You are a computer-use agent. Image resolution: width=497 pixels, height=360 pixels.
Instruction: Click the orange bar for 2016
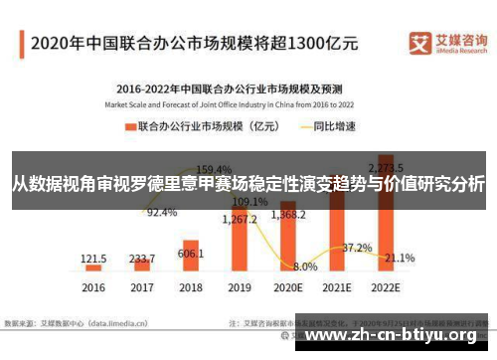click(x=93, y=268)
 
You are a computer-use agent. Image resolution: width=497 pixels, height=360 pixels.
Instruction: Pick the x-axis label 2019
click(x=240, y=287)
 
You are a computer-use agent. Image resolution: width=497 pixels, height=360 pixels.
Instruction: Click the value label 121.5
click(x=94, y=258)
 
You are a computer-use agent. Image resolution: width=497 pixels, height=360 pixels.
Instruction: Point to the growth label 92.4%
click(x=162, y=213)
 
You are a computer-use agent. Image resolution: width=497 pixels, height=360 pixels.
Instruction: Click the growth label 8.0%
click(x=305, y=267)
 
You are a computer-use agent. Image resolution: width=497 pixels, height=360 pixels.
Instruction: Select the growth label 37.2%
click(x=357, y=247)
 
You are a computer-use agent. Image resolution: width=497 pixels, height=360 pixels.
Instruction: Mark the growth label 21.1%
click(x=400, y=259)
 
